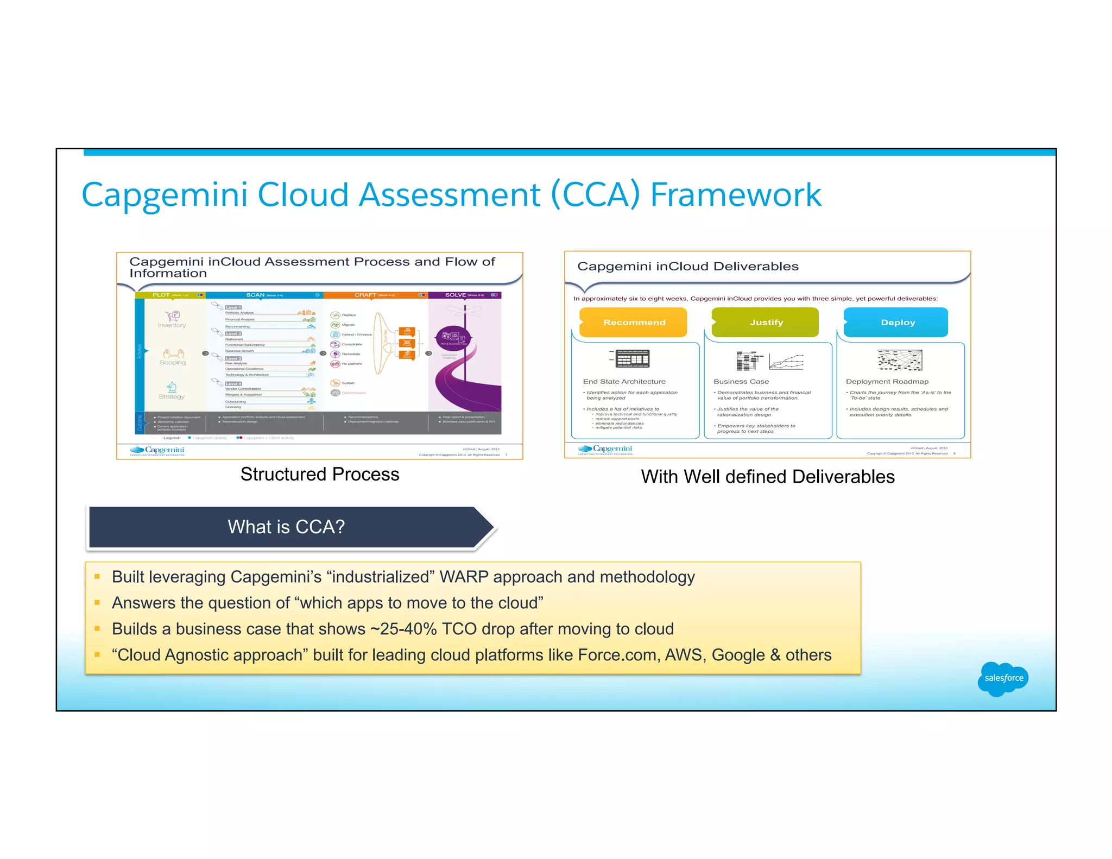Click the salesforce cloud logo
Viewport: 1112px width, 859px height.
[1003, 678]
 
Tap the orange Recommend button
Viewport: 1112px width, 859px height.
[634, 323]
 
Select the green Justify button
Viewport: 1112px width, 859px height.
[766, 323]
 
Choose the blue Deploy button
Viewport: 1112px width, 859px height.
[896, 323]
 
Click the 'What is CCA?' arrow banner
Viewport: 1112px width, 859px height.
[287, 527]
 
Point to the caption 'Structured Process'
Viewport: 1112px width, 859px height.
[320, 475]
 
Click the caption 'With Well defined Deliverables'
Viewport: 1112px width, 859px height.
[767, 477]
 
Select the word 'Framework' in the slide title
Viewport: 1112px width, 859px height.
[736, 195]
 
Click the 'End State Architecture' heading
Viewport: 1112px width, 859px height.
[624, 382]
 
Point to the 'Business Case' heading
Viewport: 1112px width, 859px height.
[741, 382]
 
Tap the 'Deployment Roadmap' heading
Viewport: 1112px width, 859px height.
[887, 382]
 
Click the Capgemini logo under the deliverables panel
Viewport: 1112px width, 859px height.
[605, 449]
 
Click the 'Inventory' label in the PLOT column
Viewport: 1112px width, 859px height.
[172, 325]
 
